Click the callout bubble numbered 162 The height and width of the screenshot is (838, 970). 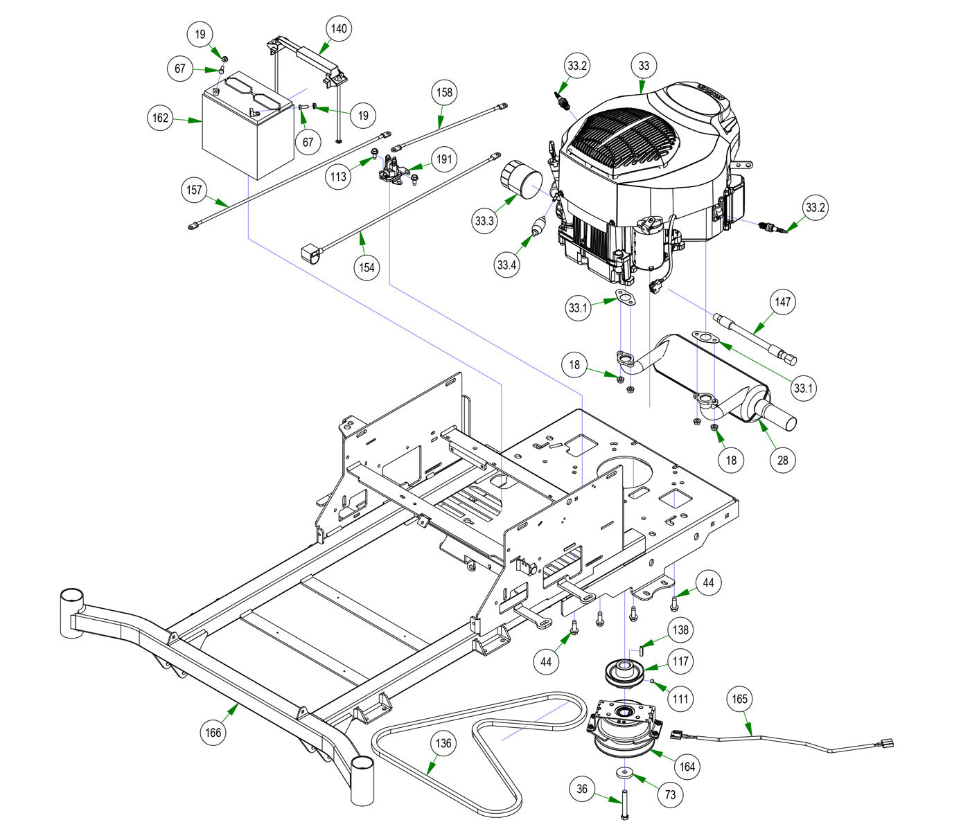tap(161, 117)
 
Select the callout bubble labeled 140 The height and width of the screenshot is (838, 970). tap(339, 28)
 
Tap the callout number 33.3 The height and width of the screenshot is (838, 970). tap(484, 220)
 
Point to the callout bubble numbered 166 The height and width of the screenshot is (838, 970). tap(213, 733)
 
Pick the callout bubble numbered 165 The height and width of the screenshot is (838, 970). tap(739, 699)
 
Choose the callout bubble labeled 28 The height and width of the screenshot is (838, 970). tap(783, 460)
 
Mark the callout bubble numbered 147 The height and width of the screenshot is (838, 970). tap(783, 302)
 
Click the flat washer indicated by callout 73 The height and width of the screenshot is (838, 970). tap(624, 772)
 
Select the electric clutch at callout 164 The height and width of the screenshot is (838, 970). tap(624, 727)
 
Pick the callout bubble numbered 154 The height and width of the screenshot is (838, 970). tap(367, 267)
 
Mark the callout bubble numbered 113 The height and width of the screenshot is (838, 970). tap(338, 177)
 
